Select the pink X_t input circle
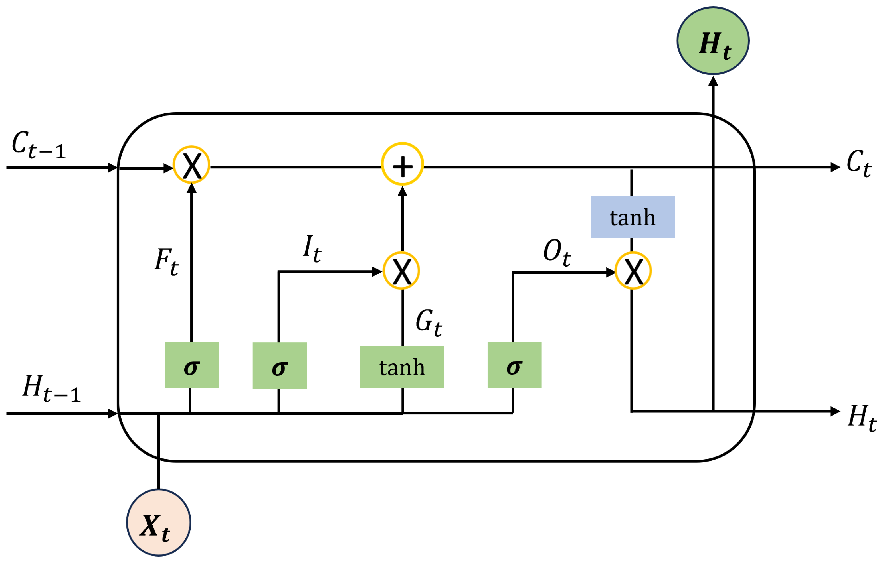158,522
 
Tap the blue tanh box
633,217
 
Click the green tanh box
402,367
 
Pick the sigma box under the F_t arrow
192,365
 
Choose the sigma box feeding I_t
280,366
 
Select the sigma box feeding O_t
514,365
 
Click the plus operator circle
402,164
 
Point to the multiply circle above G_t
401,271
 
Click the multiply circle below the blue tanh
633,271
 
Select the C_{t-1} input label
39,145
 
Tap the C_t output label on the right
858,163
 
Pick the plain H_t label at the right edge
861,418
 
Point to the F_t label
166,262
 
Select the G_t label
428,322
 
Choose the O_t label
557,253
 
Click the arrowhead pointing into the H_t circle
713,81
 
